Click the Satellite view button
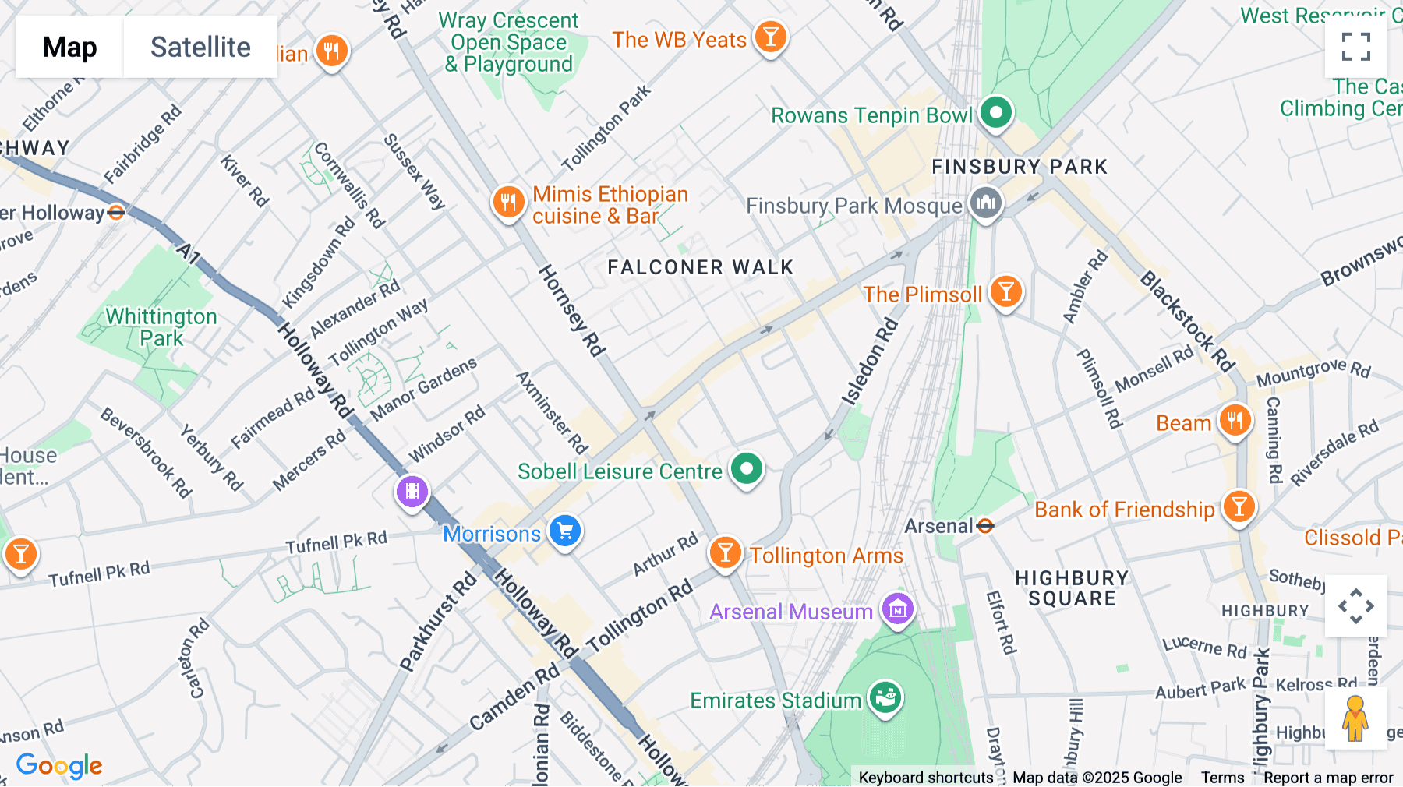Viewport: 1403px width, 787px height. pyautogui.click(x=200, y=47)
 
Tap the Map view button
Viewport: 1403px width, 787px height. pyautogui.click(x=69, y=47)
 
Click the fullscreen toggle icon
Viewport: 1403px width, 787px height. pyautogui.click(x=1355, y=47)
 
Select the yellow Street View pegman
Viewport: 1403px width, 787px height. pyautogui.click(x=1355, y=718)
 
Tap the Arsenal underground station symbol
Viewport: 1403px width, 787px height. pyautogui.click(x=985, y=526)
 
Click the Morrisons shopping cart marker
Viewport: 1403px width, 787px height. pyautogui.click(x=565, y=531)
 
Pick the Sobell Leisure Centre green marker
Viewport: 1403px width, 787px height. pyautogui.click(x=746, y=469)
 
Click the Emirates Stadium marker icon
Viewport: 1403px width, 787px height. pyautogui.click(x=885, y=698)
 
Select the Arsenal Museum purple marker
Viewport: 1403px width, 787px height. pyautogui.click(x=897, y=609)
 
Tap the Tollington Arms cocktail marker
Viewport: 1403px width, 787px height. pyautogui.click(x=725, y=552)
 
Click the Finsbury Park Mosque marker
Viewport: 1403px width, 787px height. pyautogui.click(x=985, y=204)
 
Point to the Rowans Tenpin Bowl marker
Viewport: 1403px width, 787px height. pyautogui.click(x=995, y=113)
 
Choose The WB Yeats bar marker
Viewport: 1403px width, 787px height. pyautogui.click(x=770, y=37)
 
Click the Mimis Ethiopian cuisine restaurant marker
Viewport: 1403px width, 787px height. pyautogui.click(x=507, y=203)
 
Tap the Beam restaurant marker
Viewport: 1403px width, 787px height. pyautogui.click(x=1235, y=421)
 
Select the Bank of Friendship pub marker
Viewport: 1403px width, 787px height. pyautogui.click(x=1239, y=507)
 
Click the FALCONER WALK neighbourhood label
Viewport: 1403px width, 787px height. pyautogui.click(x=700, y=267)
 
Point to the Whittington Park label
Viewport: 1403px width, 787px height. pyautogui.click(x=161, y=327)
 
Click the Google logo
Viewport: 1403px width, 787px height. pyautogui.click(x=59, y=765)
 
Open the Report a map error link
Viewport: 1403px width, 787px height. pyautogui.click(x=1328, y=778)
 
